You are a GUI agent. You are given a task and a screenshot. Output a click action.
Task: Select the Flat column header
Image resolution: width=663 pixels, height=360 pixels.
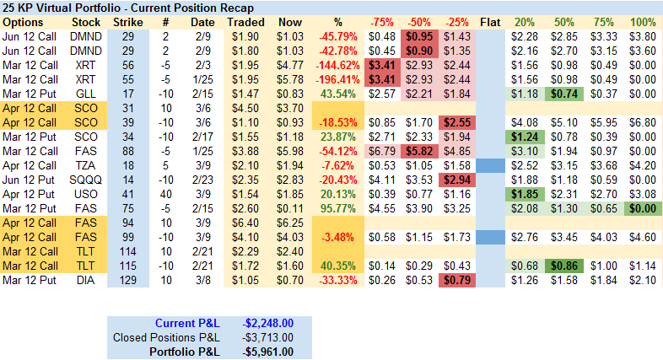(x=490, y=21)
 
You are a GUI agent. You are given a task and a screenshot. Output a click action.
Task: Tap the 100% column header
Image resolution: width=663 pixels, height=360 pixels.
(x=644, y=21)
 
